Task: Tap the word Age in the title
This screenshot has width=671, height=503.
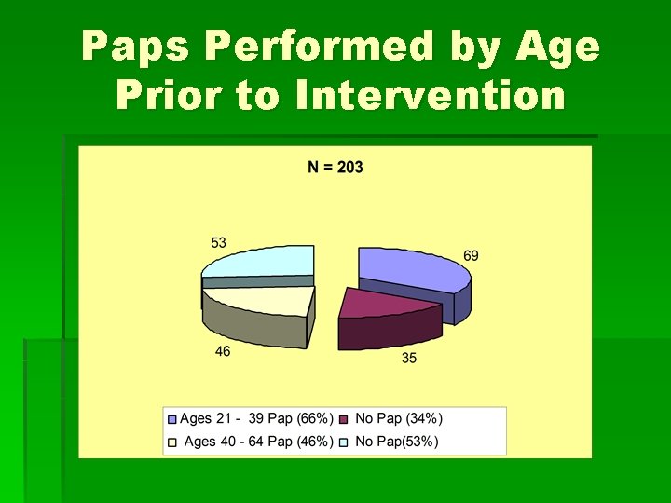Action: click(561, 47)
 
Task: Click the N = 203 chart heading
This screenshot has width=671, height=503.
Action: click(335, 168)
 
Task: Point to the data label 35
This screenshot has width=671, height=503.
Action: click(409, 358)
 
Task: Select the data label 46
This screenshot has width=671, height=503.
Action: click(222, 351)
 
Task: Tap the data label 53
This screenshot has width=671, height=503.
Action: click(218, 242)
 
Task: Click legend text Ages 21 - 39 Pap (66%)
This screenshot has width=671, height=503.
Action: click(256, 419)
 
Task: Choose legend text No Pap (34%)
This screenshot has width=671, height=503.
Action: click(399, 419)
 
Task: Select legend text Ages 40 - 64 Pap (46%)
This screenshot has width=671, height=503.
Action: click(259, 441)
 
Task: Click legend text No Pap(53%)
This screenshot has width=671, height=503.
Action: click(397, 441)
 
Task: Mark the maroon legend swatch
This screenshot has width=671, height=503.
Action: click(346, 420)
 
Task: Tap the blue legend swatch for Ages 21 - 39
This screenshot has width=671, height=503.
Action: click(172, 420)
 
